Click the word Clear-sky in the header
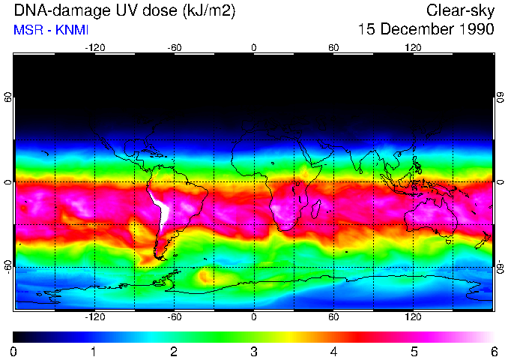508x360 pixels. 461,10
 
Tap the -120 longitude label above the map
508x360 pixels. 94,47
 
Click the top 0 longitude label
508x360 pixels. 254,47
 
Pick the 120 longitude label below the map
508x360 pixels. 414,317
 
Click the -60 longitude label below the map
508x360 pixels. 174,317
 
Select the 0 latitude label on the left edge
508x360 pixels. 7,182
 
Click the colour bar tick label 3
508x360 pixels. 254,351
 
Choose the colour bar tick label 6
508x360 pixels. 494,351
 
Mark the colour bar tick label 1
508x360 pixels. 94,351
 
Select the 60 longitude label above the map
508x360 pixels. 333,47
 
